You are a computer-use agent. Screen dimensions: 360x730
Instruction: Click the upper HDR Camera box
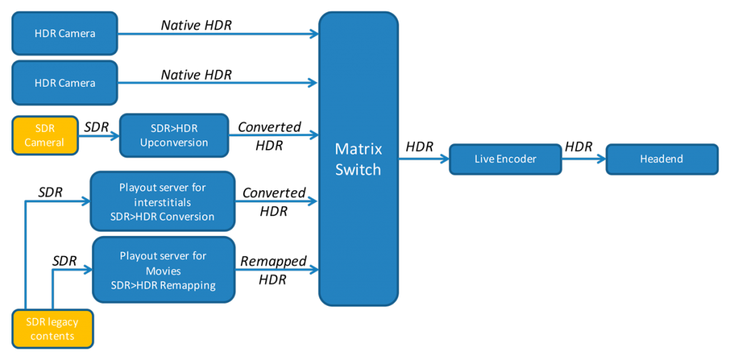pyautogui.click(x=65, y=34)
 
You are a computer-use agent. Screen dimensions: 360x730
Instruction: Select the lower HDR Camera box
pyautogui.click(x=65, y=83)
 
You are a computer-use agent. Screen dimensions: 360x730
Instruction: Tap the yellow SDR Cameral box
pyautogui.click(x=44, y=135)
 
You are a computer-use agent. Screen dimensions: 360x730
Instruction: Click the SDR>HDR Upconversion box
pyautogui.click(x=174, y=135)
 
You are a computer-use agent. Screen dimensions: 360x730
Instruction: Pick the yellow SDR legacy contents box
pyautogui.click(x=52, y=329)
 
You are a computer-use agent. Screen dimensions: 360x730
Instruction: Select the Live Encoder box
pyautogui.click(x=505, y=159)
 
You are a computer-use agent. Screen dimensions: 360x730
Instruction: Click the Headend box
pyautogui.click(x=662, y=159)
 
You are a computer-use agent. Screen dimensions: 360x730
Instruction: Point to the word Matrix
pyautogui.click(x=358, y=150)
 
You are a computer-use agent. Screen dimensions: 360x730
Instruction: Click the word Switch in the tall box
pyautogui.click(x=358, y=170)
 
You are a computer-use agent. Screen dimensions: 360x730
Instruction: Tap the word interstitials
pyautogui.click(x=163, y=202)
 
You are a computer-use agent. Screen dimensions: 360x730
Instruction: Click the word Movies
pyautogui.click(x=163, y=271)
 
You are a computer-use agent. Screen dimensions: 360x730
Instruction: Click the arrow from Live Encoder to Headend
pyautogui.click(x=583, y=159)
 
